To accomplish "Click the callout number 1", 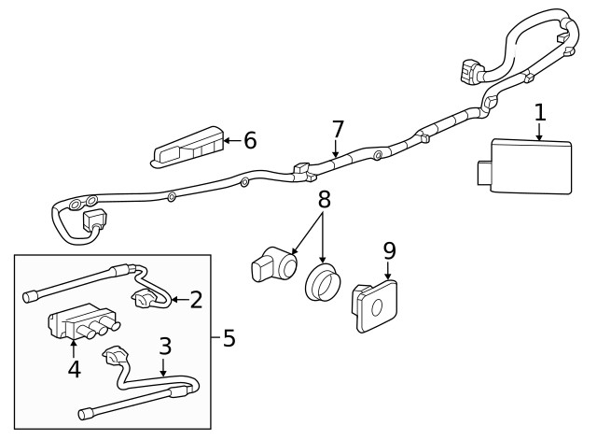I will coord(539,113).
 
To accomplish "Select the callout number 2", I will coord(196,300).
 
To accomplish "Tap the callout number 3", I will coord(164,347).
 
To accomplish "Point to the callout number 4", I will coord(74,369).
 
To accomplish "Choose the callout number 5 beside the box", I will coord(229,337).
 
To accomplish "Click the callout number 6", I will coord(249,140).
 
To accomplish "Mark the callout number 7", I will coord(338,128).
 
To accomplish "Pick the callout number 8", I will coord(324,199).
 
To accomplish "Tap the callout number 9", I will coord(389,250).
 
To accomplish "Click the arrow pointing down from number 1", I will coord(539,133).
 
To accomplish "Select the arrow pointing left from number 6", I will coord(230,141).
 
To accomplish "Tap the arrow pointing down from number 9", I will coord(389,271).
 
